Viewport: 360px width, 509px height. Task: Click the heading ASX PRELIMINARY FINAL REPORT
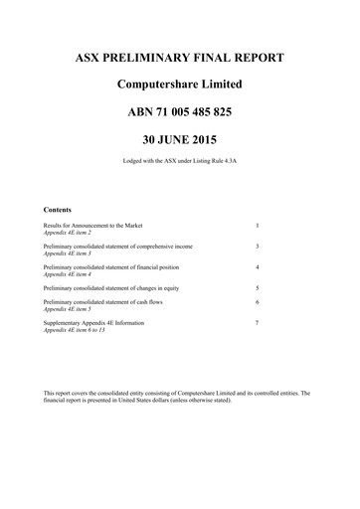coord(180,58)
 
